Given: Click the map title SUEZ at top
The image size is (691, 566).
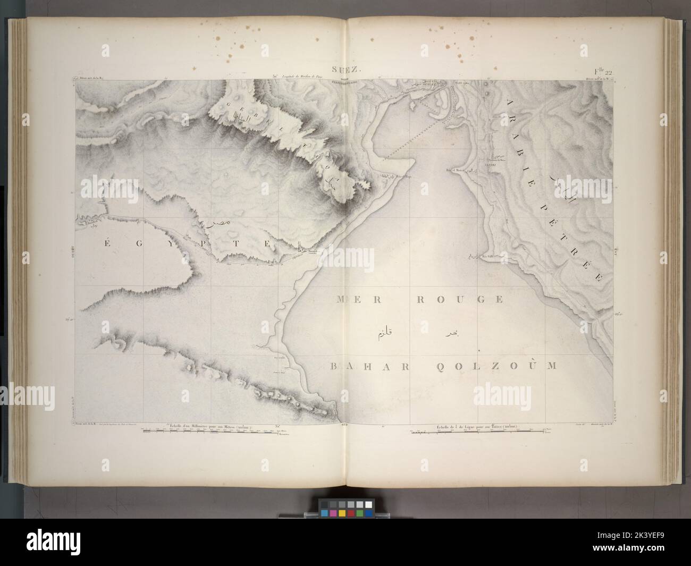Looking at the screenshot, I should [345, 70].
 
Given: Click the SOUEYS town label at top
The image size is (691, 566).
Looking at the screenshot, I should [428, 83].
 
